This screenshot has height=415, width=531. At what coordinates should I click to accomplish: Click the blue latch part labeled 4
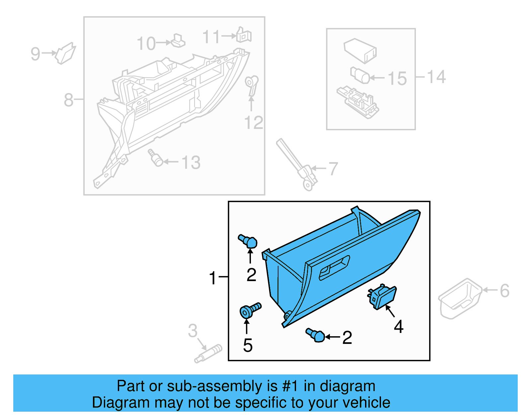coord(382,297)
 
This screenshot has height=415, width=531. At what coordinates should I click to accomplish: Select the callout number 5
coord(248,346)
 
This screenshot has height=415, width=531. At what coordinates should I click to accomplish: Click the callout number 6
coord(504,291)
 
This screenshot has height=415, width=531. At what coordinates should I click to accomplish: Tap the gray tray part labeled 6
coord(460,298)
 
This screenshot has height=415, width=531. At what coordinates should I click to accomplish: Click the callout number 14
coord(436,77)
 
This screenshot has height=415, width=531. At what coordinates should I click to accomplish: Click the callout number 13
coord(191,163)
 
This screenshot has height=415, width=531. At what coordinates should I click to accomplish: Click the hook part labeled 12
coord(251,84)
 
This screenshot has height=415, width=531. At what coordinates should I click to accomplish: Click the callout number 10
coord(146,44)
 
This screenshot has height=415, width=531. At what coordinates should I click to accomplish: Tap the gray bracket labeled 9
coord(65,53)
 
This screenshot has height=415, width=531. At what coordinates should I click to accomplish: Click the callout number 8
coord(68,100)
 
